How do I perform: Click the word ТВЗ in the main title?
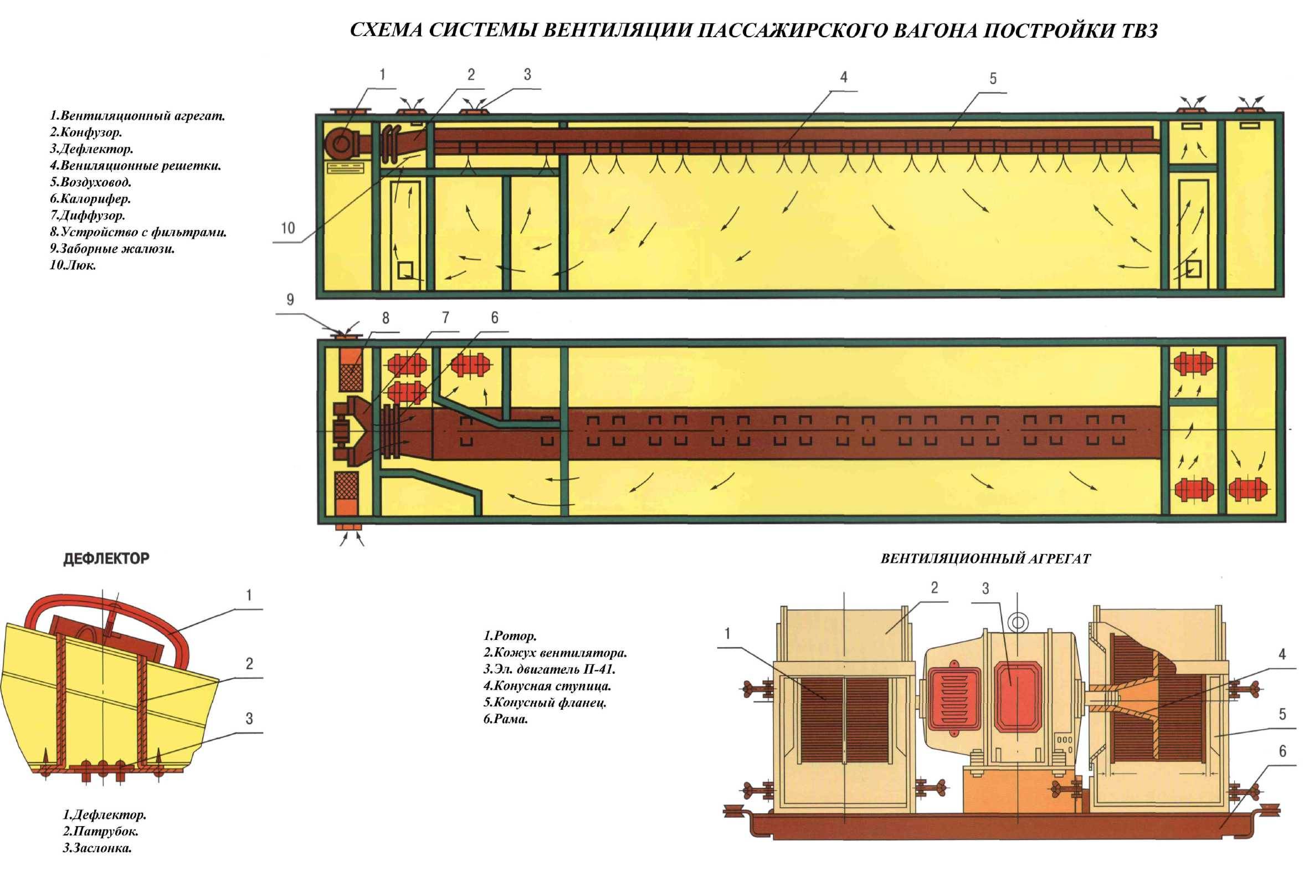pyautogui.click(x=1134, y=30)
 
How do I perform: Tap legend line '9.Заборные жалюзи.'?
pyautogui.click(x=112, y=248)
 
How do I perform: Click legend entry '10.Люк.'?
pyautogui.click(x=73, y=265)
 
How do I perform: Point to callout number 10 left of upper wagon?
pyautogui.click(x=288, y=228)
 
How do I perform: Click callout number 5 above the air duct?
pyautogui.click(x=992, y=79)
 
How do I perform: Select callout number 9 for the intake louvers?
pyautogui.click(x=290, y=300)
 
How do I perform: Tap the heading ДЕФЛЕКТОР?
pyautogui.click(x=106, y=559)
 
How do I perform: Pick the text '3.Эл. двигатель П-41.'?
pyautogui.click(x=549, y=669)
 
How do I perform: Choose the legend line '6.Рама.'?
pyautogui.click(x=505, y=720)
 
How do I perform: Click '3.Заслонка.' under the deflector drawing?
pyautogui.click(x=97, y=864)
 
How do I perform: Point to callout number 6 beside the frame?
pyautogui.click(x=1282, y=751)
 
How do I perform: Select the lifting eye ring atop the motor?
pyautogui.click(x=1018, y=621)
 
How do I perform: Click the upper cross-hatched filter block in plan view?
pyautogui.click(x=350, y=378)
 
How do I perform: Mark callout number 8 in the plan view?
pyautogui.click(x=386, y=318)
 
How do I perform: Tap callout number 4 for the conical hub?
pyautogui.click(x=1282, y=654)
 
